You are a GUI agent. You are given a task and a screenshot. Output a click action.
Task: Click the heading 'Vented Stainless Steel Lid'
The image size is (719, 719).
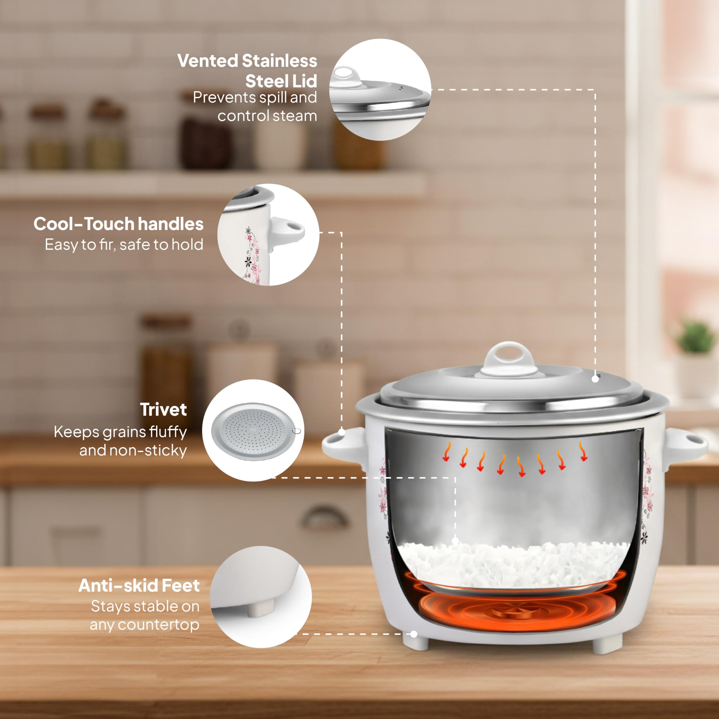tap(247, 71)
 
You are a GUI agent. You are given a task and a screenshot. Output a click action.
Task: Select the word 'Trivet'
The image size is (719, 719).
tap(163, 410)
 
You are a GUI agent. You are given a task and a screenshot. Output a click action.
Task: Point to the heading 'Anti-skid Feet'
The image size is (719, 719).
tap(139, 585)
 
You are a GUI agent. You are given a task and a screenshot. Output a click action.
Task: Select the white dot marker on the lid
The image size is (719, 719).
tap(595, 379)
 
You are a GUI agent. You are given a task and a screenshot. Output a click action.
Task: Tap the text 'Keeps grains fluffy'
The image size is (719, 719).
tap(120, 432)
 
